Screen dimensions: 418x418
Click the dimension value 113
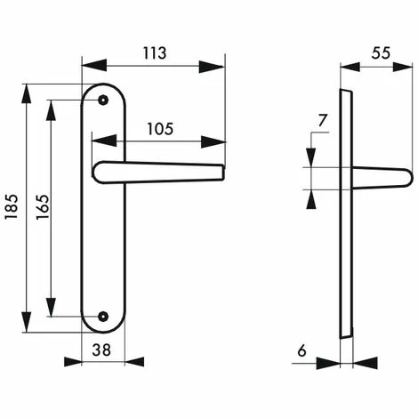tap(153, 53)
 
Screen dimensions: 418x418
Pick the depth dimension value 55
tap(380, 52)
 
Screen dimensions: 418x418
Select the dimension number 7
tap(322, 120)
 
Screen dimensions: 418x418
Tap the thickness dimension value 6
tap(301, 350)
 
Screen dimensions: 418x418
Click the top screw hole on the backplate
tap(103, 100)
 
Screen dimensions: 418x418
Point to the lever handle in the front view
tap(160, 172)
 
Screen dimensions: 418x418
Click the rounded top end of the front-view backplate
tap(103, 89)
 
